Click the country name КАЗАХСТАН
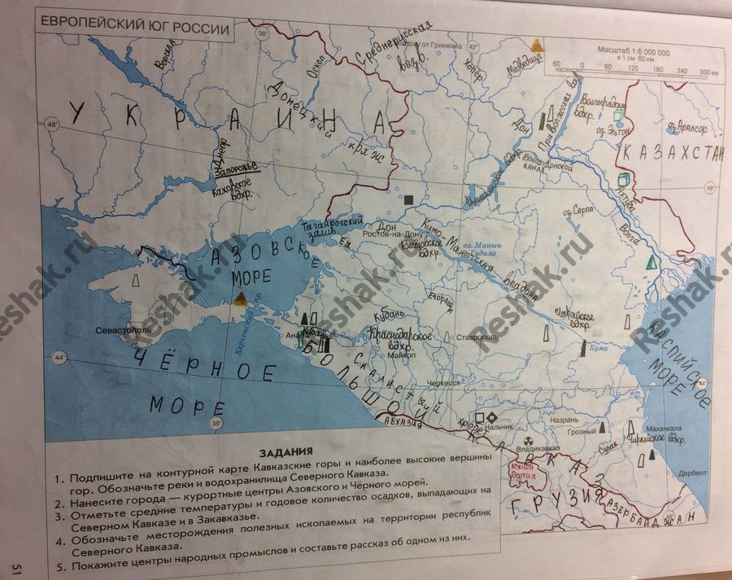pos(671,155)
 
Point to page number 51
pos(15,568)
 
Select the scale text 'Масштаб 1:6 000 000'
pos(634,50)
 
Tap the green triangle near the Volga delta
pos(650,263)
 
